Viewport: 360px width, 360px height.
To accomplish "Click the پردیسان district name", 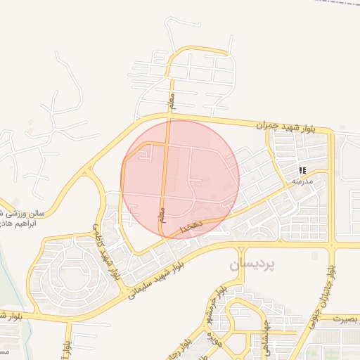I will coord(252,265).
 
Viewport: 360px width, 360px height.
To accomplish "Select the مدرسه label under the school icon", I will coord(302,181).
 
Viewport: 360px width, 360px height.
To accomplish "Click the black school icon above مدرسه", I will coord(302,171).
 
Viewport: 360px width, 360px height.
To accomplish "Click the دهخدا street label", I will coord(191,227).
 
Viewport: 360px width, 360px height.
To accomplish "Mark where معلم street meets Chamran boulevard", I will coord(169,117).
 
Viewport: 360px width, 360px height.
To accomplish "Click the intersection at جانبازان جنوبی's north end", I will coord(333,245).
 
